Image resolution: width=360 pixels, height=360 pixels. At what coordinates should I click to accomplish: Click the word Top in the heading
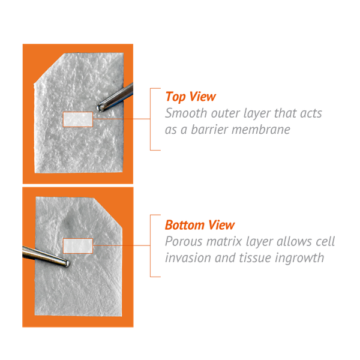(x=175, y=97)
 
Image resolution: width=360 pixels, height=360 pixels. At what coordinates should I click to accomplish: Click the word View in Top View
(x=203, y=97)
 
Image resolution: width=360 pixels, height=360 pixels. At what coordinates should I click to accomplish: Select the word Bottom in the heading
(x=185, y=225)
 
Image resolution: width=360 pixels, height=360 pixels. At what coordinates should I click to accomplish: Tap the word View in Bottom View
(x=221, y=225)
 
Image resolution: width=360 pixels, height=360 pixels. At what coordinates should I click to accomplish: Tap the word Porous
(x=184, y=242)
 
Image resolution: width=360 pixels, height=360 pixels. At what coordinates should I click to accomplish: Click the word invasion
(x=188, y=258)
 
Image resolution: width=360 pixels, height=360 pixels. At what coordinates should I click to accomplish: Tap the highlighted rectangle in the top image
(x=78, y=119)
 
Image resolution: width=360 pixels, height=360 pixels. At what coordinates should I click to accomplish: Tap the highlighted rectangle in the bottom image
(x=78, y=246)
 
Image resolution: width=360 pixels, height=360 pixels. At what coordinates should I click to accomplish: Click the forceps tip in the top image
(x=100, y=108)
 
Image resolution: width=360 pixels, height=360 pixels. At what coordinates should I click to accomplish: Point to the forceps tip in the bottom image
(x=67, y=263)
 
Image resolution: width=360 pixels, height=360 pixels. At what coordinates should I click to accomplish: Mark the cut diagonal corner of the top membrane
(x=49, y=68)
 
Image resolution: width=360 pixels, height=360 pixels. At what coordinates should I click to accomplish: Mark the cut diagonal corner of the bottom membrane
(x=107, y=212)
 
